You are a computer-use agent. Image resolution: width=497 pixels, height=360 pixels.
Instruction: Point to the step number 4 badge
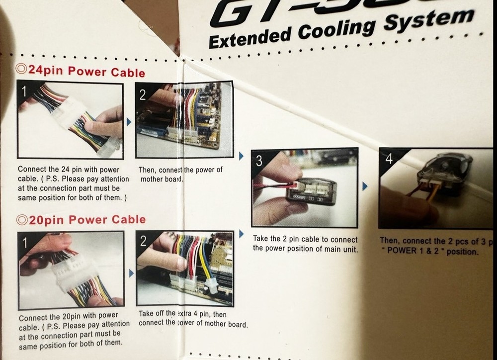389,159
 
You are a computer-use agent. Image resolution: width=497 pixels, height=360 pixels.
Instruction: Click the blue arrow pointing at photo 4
365,186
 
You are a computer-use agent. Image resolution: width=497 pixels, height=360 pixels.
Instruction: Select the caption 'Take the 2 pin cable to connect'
305,239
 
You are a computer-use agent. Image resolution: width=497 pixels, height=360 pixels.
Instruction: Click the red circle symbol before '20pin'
21,219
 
